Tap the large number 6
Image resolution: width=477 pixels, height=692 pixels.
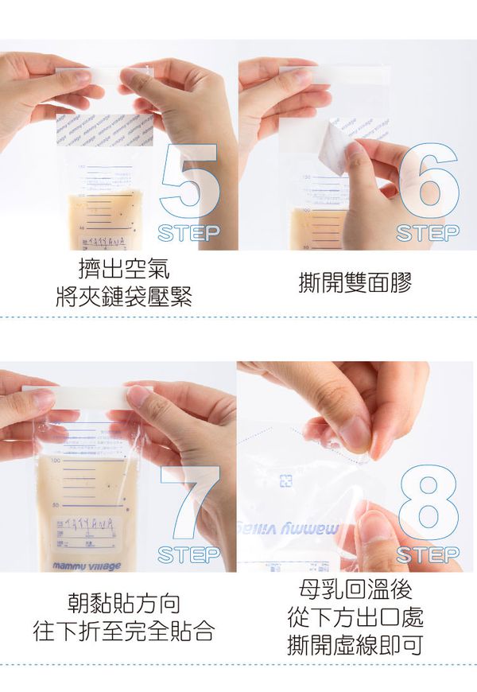coord(429,181)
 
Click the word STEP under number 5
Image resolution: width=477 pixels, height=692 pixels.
coord(188,233)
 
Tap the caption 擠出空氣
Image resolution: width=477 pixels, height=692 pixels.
coord(124,266)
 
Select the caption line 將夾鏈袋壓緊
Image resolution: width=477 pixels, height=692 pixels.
coord(124,296)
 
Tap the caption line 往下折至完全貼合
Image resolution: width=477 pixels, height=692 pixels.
coord(124,632)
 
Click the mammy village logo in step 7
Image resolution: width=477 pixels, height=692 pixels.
coord(87,566)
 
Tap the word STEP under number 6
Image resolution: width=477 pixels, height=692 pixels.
coord(428,233)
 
